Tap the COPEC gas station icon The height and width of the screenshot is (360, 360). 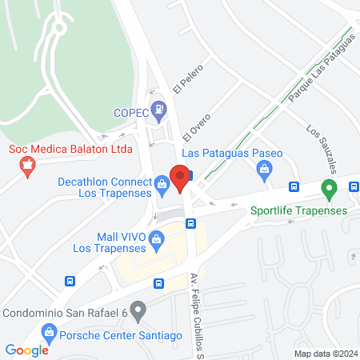pos(160,107)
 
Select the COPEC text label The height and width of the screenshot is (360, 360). pos(130,113)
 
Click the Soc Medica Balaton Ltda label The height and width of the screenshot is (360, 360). pos(70,149)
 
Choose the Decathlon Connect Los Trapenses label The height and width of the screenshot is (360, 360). pos(105,187)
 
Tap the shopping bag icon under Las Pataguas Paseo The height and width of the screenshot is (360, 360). pos(263,169)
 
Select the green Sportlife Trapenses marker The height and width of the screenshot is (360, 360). pos(328,190)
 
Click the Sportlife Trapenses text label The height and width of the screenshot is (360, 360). pos(298,210)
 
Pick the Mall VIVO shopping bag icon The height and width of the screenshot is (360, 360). pos(158,237)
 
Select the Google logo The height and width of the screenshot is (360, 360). pos(26,350)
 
